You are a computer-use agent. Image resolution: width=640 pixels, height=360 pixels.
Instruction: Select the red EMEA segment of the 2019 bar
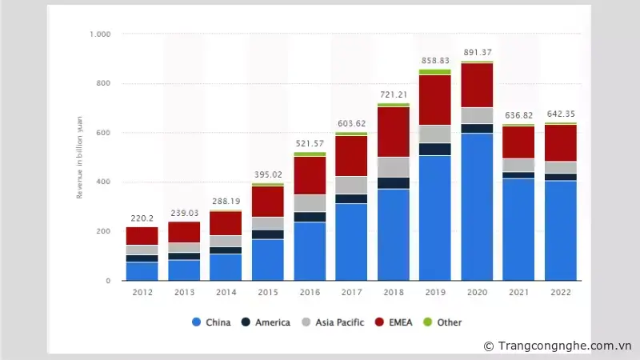pyautogui.click(x=435, y=99)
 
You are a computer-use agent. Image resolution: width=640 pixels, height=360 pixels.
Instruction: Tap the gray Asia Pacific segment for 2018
pyautogui.click(x=394, y=166)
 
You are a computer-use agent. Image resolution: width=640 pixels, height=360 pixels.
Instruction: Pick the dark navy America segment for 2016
pyautogui.click(x=310, y=217)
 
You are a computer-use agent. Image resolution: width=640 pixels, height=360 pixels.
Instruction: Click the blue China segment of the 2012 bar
pyautogui.click(x=142, y=271)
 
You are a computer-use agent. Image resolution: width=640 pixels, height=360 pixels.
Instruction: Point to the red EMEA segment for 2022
pyautogui.click(x=561, y=142)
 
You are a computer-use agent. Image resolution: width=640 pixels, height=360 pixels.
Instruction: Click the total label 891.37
pyautogui.click(x=477, y=53)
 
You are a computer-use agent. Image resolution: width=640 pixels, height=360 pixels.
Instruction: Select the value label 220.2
pyautogui.click(x=142, y=218)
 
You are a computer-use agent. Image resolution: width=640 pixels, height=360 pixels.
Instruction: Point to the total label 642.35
pyautogui.click(x=561, y=114)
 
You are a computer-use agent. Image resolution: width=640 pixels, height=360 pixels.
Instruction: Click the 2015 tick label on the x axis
pyautogui.click(x=268, y=292)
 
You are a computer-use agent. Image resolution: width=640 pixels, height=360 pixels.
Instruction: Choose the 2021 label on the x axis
pyautogui.click(x=519, y=292)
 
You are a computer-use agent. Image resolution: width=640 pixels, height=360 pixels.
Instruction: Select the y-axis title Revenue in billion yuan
pyautogui.click(x=79, y=158)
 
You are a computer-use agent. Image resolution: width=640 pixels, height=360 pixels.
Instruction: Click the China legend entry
pyautogui.click(x=211, y=322)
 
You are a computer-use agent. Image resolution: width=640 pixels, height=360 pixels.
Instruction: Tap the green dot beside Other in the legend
pyautogui.click(x=427, y=322)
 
